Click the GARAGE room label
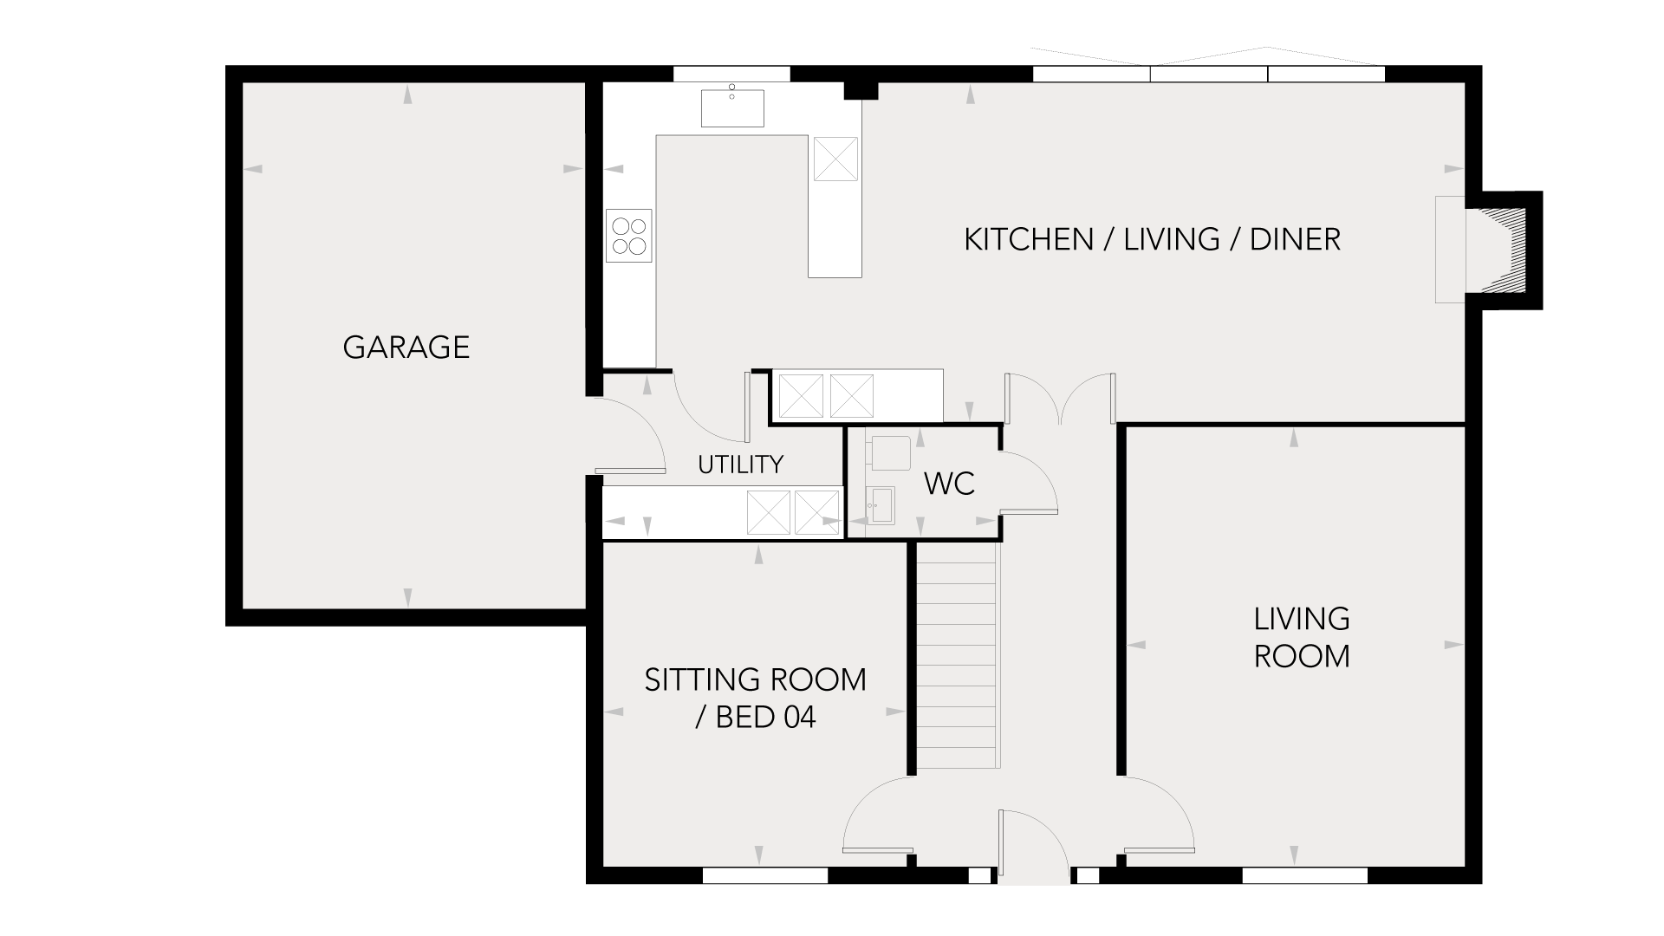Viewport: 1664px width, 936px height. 406,347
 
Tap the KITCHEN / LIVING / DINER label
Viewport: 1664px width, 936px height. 1153,239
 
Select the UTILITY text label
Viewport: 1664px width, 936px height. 740,465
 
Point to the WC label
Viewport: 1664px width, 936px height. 950,484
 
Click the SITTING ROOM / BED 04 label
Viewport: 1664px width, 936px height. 755,699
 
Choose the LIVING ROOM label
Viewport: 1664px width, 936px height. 1302,637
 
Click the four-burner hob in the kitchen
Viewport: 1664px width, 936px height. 629,236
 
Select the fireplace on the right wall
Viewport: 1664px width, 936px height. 1489,250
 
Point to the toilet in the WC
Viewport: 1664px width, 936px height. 889,453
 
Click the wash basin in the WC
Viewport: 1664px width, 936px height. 881,504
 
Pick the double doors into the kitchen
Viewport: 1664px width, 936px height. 1060,399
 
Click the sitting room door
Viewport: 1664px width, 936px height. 878,816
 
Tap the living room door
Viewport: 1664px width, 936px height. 1160,816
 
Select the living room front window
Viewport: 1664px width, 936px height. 1304,875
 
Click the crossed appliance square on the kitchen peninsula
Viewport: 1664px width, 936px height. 835,159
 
